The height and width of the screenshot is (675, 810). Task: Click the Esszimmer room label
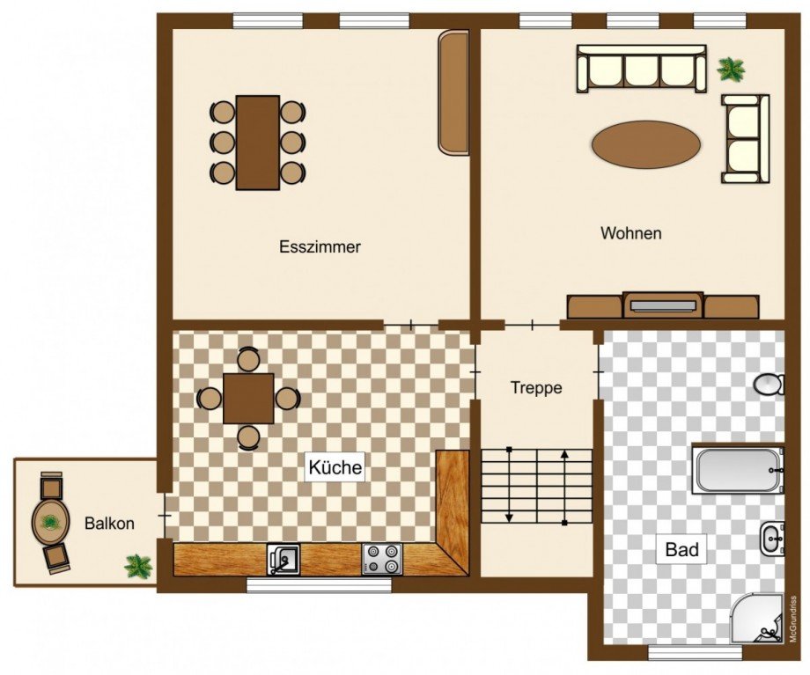pyautogui.click(x=320, y=247)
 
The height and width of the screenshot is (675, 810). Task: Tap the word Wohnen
pyautogui.click(x=630, y=233)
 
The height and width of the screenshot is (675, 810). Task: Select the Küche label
pyautogui.click(x=335, y=467)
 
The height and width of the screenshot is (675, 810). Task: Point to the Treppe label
pyautogui.click(x=536, y=387)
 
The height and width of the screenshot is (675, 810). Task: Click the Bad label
pyautogui.click(x=681, y=549)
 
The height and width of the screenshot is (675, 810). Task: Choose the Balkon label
pyautogui.click(x=109, y=523)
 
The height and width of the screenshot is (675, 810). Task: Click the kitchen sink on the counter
pyautogui.click(x=283, y=560)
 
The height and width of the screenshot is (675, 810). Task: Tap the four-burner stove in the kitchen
pyautogui.click(x=382, y=560)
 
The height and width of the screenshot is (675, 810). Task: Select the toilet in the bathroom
pyautogui.click(x=769, y=384)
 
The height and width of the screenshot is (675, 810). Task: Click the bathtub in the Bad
pyautogui.click(x=738, y=469)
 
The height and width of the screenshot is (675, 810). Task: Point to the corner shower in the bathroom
pyautogui.click(x=758, y=619)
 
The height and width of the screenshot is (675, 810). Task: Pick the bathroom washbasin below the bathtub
pyautogui.click(x=772, y=539)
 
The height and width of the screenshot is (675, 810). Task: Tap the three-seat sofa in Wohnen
pyautogui.click(x=642, y=69)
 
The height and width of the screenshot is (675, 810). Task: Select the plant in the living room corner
pyautogui.click(x=731, y=69)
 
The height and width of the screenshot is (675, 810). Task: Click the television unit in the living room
pyautogui.click(x=663, y=305)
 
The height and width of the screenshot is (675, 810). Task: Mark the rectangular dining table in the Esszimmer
pyautogui.click(x=258, y=143)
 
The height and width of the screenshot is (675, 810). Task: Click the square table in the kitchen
pyautogui.click(x=248, y=398)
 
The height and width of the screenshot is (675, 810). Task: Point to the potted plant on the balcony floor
pyautogui.click(x=138, y=566)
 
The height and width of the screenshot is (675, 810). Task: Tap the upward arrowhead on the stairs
pyautogui.click(x=564, y=454)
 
